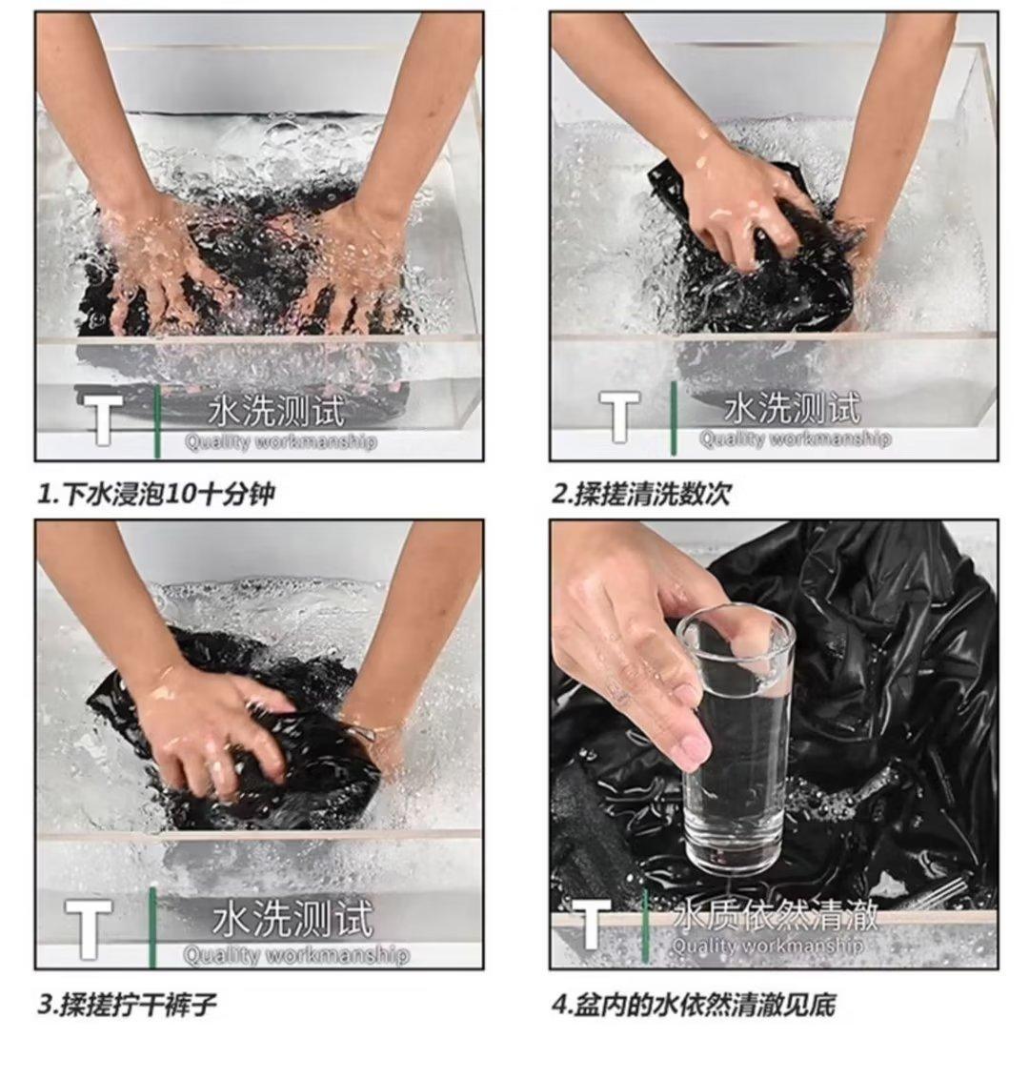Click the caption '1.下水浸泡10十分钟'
[x=156, y=494]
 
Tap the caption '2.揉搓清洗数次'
[x=641, y=494]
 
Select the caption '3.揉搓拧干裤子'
[x=128, y=1006]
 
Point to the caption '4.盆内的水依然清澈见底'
[x=694, y=1006]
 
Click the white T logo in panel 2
[x=619, y=415]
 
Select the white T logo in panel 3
[x=88, y=927]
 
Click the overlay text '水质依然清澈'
[x=776, y=916]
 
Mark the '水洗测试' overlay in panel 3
[x=293, y=920]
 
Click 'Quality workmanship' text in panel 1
[x=281, y=441]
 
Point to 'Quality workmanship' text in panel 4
[x=767, y=946]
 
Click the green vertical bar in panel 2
[x=674, y=417]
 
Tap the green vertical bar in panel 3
[x=152, y=926]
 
